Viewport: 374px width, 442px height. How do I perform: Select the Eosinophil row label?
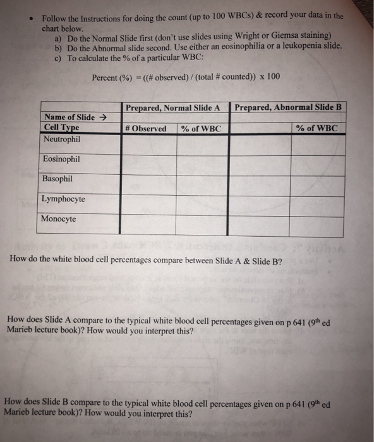[x=61, y=159]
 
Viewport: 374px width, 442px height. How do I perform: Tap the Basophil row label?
[x=58, y=179]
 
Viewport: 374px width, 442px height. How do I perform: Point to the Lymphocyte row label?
[x=63, y=199]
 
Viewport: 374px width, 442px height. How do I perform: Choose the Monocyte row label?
[x=59, y=219]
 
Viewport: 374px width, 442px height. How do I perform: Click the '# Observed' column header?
[x=146, y=128]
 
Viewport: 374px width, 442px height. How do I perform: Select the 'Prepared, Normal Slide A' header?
[x=172, y=108]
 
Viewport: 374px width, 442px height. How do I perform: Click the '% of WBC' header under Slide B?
[x=317, y=128]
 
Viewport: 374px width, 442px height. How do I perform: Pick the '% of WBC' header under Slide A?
[x=201, y=129]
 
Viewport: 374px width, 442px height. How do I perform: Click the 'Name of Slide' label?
[x=69, y=117]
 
